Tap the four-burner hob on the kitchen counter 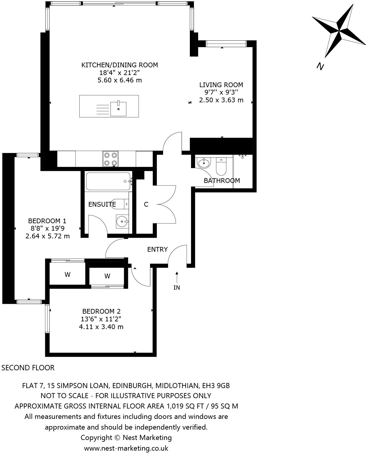tap(111, 159)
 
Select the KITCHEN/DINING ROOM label tap(119, 65)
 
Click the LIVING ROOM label tap(221, 85)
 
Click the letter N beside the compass tap(320, 66)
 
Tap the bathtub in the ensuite tap(108, 181)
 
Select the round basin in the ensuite tap(122, 221)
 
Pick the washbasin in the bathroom tap(203, 162)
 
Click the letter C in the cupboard tap(146, 205)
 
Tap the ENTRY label tap(157, 249)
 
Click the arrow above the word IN tap(177, 277)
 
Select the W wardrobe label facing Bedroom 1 tap(67, 275)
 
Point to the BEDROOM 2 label tap(101, 311)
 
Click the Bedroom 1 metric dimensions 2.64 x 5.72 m tap(48, 236)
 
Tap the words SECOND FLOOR tap(28, 368)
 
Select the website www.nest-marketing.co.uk tap(126, 448)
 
